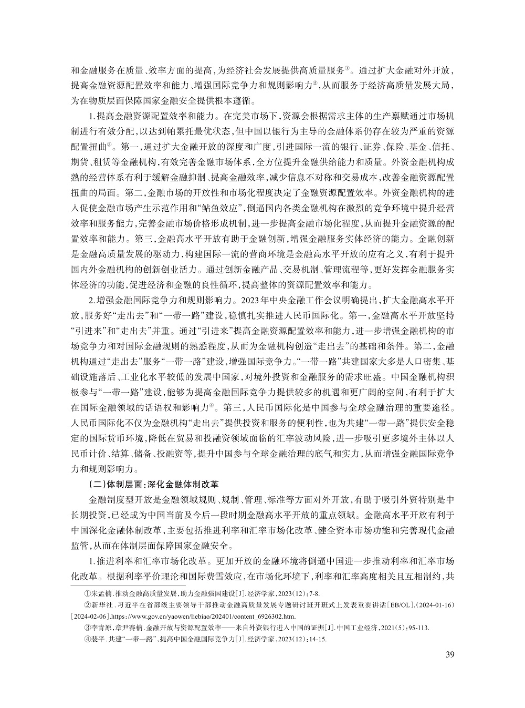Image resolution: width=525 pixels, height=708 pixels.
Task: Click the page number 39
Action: point(449,654)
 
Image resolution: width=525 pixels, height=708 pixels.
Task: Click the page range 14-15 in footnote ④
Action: point(316,639)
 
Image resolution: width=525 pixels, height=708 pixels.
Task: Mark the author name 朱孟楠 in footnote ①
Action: point(102,594)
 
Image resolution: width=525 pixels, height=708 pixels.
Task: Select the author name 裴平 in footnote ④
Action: point(98,639)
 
